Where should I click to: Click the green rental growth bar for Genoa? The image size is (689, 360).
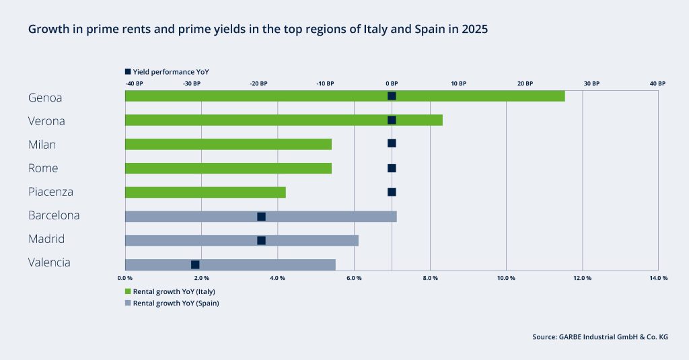pos(344,96)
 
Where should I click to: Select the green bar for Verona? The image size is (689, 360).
pos(283,120)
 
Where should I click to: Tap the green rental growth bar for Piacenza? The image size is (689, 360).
pos(205,192)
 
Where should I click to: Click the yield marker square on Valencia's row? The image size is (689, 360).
pos(195,264)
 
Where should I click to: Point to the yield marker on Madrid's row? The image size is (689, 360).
pos(261,240)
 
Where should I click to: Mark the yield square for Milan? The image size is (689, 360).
pos(392,143)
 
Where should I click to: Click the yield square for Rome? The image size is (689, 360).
pos(392,168)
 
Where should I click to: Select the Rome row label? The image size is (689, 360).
pos(43,168)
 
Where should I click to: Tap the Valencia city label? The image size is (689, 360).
pos(49,262)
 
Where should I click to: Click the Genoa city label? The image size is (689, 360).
pos(45,98)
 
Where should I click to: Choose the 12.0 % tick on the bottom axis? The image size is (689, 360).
pos(582,278)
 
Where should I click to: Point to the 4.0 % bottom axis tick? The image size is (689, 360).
pos(277,278)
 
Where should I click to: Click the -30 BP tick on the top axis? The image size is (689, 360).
pos(192,83)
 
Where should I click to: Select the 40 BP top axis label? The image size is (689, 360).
pos(657,83)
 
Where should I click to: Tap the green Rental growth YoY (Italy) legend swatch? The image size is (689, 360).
pos(129,291)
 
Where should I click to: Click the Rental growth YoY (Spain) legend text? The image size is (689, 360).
pos(176,303)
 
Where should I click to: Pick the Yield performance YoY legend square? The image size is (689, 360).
pos(129,71)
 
